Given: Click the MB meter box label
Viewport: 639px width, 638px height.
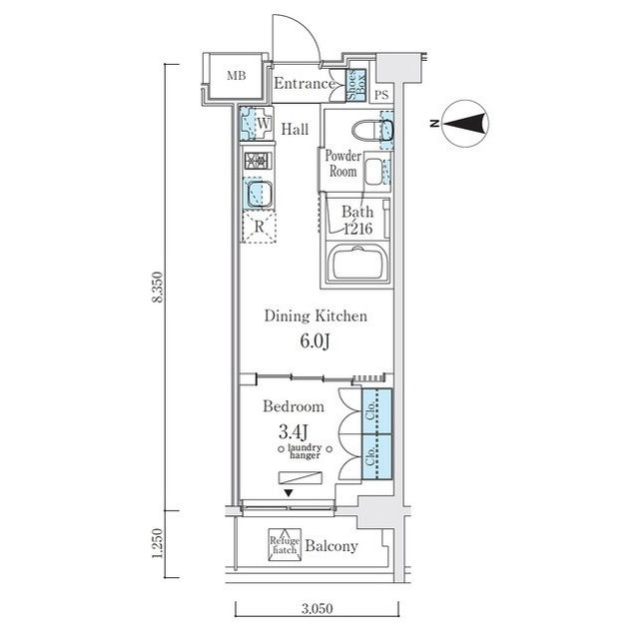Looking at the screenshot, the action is point(237,75).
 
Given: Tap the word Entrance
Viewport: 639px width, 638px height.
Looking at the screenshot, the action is point(305,84).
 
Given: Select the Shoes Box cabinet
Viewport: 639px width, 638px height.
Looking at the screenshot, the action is point(355,85).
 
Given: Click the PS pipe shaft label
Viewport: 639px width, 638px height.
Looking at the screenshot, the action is point(381,95).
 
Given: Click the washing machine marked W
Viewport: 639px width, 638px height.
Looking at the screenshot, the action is point(257,123).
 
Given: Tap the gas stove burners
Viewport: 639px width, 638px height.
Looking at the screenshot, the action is point(258,161).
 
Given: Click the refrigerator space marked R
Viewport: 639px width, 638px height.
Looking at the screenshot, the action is point(259,227).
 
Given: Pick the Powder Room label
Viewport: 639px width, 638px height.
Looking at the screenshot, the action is point(343,164).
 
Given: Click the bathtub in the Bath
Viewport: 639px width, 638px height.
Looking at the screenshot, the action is point(358,264).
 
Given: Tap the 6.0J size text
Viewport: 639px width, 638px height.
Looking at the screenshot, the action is point(315,341).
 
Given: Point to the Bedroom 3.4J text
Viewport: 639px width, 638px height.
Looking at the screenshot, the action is point(294,418).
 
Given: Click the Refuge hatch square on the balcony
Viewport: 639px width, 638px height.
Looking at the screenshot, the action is point(285,545).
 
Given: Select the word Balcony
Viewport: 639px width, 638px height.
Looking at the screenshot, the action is point(331,546).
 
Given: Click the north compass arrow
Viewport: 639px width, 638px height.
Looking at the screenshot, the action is point(465,124).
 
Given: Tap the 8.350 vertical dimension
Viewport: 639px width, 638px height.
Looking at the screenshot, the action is point(158,287).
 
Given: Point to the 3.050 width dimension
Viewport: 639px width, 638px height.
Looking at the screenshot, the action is point(318,609).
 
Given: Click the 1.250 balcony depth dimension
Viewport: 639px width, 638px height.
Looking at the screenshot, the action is point(158,543).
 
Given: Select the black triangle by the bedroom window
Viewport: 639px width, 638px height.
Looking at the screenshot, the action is point(289,493).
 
